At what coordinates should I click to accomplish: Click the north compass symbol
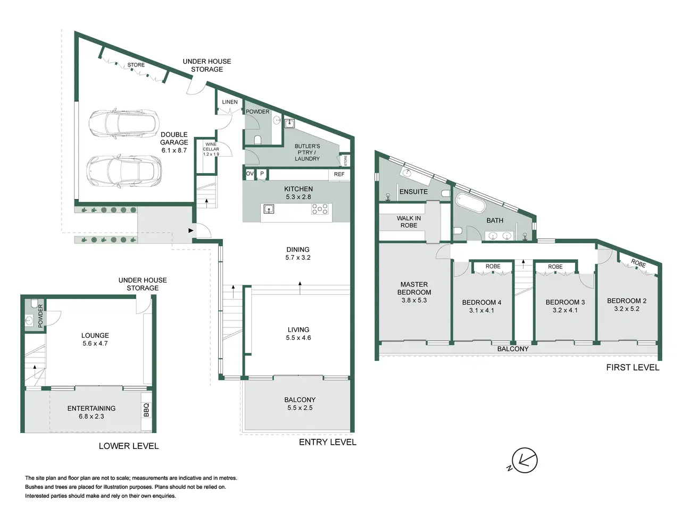524,461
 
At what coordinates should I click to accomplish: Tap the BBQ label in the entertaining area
146,410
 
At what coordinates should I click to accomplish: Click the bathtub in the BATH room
470,203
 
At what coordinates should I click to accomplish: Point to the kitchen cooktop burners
320,209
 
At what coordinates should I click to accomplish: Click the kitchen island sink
269,209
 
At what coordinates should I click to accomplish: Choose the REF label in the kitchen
339,174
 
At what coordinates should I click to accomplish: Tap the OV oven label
250,174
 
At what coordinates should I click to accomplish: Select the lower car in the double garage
124,172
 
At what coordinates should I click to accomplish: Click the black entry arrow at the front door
191,231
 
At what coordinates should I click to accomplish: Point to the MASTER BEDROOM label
414,288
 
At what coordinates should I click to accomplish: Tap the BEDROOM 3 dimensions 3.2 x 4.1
565,310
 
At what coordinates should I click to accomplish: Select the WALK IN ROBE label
409,222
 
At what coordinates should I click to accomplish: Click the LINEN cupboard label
230,102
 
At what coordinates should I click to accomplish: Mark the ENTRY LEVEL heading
328,442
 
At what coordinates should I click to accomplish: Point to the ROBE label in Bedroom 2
638,263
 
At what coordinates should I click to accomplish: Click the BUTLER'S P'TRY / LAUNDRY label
307,152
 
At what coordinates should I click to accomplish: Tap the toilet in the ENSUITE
446,193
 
